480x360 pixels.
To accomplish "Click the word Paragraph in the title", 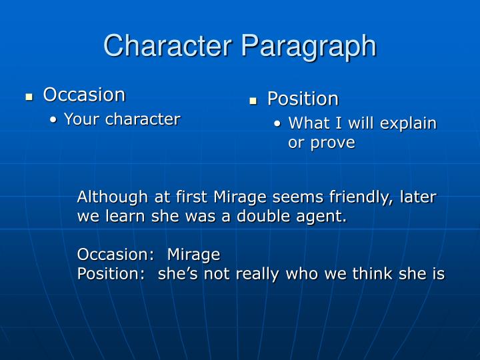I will pos(311,46).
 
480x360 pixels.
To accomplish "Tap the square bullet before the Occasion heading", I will pos(29,97).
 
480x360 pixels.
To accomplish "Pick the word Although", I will pos(109,197).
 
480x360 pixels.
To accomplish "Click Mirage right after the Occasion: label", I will pos(193,255).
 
